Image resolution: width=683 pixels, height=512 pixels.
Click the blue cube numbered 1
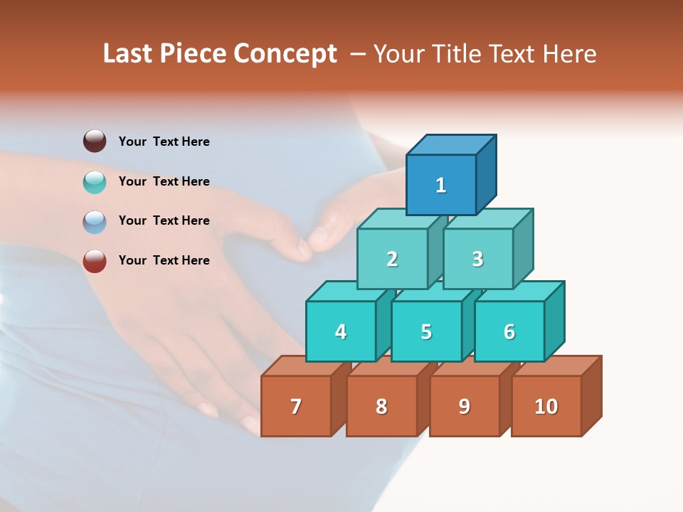[x=441, y=185]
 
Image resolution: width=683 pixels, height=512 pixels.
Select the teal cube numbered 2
[x=392, y=259]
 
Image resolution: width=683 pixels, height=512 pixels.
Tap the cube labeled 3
[x=477, y=259]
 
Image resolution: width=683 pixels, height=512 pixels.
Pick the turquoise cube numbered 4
[x=341, y=331]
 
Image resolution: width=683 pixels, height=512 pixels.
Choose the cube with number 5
[x=426, y=331]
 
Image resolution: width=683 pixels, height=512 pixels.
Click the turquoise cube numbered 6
[x=509, y=331]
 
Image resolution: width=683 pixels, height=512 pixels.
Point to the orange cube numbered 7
[x=296, y=406]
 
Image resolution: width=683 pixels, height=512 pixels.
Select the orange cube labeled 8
[x=381, y=406]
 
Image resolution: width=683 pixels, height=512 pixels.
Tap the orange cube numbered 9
[x=464, y=406]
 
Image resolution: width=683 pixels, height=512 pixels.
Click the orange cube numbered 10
[x=546, y=406]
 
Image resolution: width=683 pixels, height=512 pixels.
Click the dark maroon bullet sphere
[x=95, y=141]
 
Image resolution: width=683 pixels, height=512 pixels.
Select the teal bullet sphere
[x=95, y=181]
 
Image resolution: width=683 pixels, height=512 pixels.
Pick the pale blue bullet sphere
[x=95, y=221]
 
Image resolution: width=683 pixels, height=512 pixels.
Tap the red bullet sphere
[x=95, y=261]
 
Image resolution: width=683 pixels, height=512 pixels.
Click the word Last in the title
[x=129, y=53]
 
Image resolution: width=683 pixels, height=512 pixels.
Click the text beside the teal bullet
[x=164, y=181]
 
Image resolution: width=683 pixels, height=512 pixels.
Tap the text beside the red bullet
[x=164, y=260]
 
